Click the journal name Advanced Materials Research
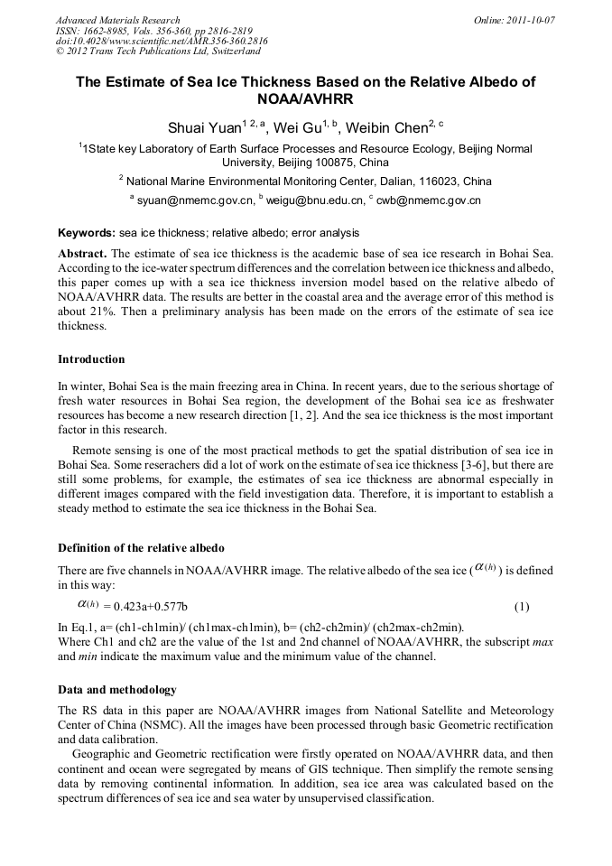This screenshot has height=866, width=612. [117, 20]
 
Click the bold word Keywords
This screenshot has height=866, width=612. [87, 232]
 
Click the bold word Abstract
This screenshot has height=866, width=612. [82, 253]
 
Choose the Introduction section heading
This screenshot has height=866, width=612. [91, 359]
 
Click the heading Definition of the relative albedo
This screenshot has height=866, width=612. [141, 548]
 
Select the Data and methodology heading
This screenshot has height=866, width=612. [117, 690]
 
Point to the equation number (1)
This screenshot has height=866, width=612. [522, 607]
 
